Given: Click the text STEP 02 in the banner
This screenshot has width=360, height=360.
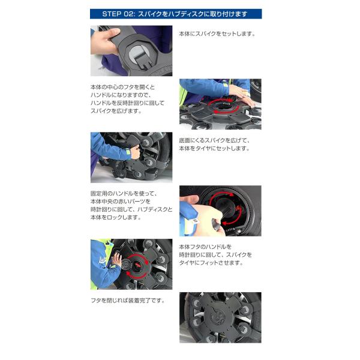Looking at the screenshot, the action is [x=118, y=14].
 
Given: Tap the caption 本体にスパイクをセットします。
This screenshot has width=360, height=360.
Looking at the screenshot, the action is [x=217, y=34].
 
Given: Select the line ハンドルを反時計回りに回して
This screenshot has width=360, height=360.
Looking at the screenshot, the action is [x=128, y=103].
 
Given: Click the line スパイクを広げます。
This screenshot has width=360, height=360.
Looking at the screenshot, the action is [x=116, y=111].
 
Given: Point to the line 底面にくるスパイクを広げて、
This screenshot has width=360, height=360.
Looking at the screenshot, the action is [x=214, y=140].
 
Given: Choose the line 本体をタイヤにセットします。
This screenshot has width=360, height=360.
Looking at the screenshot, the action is [x=214, y=148].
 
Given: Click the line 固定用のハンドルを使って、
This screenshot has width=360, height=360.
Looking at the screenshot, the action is [x=124, y=194].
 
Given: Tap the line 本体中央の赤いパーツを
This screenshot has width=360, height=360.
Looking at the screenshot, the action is [x=121, y=202].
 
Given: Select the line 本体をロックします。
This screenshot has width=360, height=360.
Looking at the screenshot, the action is [x=116, y=217].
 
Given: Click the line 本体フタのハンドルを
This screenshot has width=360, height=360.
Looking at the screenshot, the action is [x=205, y=247].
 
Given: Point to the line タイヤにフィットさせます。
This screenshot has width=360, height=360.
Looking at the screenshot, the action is [x=211, y=263].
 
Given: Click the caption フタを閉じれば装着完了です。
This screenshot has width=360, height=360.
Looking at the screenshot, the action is [x=128, y=301].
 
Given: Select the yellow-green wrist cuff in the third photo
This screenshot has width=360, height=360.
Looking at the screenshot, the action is [x=128, y=153].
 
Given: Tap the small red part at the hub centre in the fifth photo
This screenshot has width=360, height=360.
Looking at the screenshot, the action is [x=137, y=265].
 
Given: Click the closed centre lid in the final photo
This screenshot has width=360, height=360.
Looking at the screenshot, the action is [x=218, y=316].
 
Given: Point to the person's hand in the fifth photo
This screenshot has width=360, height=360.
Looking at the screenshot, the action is [x=116, y=260].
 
